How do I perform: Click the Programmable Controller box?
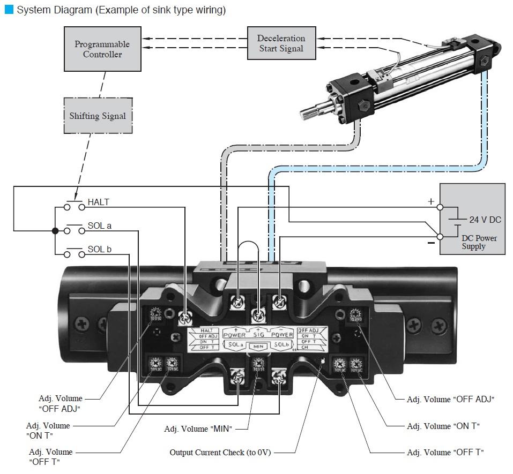tap(102, 49)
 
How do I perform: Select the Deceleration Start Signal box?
tap(281, 43)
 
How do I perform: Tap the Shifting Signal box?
tap(98, 116)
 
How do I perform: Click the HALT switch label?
tap(99, 202)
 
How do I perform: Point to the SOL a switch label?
tap(100, 225)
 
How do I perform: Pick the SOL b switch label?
tap(100, 249)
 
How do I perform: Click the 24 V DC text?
tap(485, 220)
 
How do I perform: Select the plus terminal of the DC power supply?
tap(440, 207)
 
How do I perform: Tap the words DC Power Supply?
tap(479, 242)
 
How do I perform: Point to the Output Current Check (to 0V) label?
tap(220, 453)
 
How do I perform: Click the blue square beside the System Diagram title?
tap(9, 10)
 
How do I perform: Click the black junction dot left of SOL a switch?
tap(55, 231)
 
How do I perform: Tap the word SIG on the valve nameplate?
tap(259, 335)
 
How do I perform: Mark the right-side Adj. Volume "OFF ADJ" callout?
tap(450, 399)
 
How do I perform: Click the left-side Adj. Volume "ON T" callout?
tap(48, 430)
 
